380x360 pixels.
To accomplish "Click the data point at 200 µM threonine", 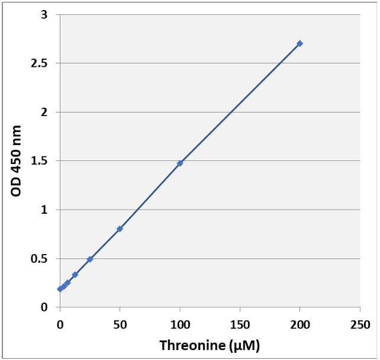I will [300, 43].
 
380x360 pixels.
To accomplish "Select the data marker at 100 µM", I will [180, 163].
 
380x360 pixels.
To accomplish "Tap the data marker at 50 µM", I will [120, 229].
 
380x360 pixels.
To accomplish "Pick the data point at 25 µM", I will [90, 259].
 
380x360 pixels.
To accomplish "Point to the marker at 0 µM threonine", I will [60, 289].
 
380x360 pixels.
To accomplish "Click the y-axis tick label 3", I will [44, 14].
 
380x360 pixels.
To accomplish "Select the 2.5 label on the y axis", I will [40, 63].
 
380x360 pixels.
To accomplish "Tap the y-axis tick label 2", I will [44, 112].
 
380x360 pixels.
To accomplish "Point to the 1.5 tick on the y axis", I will [40, 161].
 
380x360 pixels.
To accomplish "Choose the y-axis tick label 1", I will [44, 210].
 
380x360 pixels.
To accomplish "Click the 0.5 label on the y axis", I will [40, 259].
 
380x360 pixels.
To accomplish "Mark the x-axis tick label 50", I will [120, 324].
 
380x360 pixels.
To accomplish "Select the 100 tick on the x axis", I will [180, 324].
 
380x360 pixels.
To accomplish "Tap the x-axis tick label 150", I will [240, 324].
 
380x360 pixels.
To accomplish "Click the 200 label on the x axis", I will [300, 324].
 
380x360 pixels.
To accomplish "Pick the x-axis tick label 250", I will [360, 324].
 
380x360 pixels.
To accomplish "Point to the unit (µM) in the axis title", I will [244, 345].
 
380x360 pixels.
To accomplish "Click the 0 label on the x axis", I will [60, 324].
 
